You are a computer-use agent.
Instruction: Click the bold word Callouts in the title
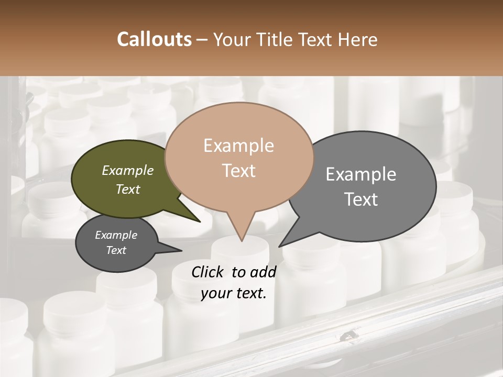(x=154, y=39)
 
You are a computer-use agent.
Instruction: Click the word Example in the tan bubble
(x=238, y=146)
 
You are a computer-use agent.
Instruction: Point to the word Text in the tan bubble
(x=238, y=171)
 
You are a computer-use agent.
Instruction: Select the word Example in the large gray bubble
(x=361, y=174)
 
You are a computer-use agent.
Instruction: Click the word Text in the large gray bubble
(x=361, y=199)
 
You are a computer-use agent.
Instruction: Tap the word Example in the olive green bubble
(x=127, y=171)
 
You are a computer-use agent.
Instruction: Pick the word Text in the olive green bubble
(x=127, y=189)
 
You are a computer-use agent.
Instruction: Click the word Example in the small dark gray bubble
(x=116, y=235)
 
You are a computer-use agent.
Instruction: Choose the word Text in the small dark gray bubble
(x=116, y=250)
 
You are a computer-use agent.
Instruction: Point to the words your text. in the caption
(x=234, y=293)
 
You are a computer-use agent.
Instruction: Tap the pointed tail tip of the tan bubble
(x=242, y=241)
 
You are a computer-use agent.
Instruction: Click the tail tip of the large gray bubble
(x=279, y=246)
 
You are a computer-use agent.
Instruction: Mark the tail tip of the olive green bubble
(x=200, y=221)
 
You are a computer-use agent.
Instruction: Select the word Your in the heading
(x=231, y=39)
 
